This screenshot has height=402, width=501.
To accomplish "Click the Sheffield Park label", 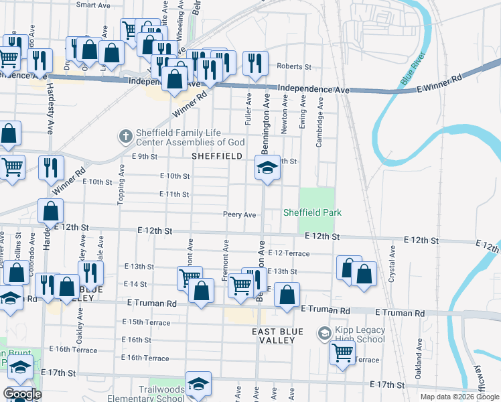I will (312, 212).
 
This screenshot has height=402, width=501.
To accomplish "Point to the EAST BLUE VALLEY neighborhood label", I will (278, 336).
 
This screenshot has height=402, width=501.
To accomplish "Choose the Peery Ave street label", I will (240, 214).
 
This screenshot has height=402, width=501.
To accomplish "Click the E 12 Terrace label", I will (288, 253).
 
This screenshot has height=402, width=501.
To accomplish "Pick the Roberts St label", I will (295, 67).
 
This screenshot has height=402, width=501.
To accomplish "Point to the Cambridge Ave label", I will (320, 118).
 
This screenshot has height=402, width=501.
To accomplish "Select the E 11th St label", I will (175, 194).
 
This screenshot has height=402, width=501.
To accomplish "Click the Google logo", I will (21, 394).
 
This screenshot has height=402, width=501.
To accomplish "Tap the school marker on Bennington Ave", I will (267, 167).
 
